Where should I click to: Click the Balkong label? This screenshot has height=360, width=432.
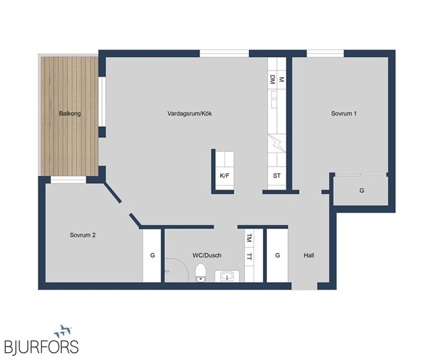[70, 113]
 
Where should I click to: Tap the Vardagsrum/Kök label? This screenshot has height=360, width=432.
[189, 113]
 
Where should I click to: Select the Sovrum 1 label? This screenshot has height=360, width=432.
[343, 113]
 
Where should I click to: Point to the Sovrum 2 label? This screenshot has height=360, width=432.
[83, 235]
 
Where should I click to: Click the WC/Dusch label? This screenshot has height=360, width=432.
[207, 255]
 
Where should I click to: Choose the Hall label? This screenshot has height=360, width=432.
[309, 255]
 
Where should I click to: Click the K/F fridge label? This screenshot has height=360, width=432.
[224, 175]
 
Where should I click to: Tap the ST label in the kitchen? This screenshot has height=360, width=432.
[277, 175]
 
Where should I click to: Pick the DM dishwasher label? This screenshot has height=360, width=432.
[273, 80]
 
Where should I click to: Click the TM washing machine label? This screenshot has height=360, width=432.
[249, 238]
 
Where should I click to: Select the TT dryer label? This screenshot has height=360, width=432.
[249, 256]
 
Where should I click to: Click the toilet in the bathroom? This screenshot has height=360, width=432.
[201, 273]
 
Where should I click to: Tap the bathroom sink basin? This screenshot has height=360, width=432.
[227, 276]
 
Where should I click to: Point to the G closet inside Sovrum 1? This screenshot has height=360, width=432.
[362, 190]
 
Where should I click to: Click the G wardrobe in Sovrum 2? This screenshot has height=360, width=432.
[152, 255]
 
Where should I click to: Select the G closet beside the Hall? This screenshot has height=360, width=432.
[278, 255]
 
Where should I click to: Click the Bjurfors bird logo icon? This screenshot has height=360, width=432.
[63, 331]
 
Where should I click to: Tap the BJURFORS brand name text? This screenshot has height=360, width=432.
[41, 347]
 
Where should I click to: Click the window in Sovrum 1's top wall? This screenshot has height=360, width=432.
[325, 54]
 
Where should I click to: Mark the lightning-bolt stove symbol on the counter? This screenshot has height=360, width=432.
[277, 143]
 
